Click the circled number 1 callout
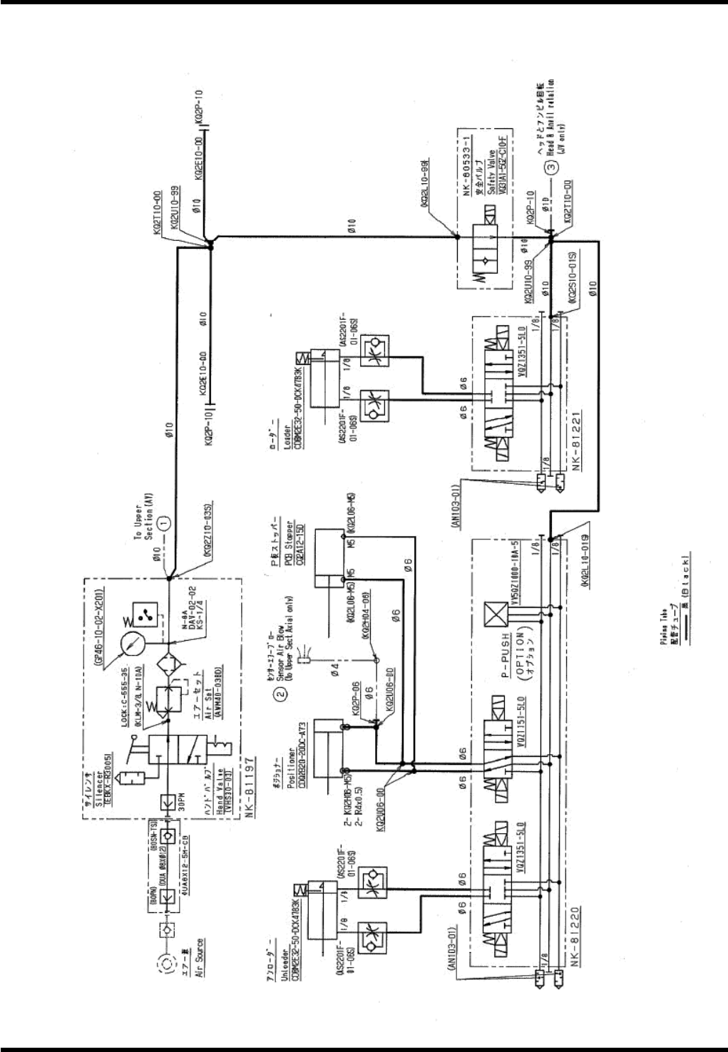(165, 522)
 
